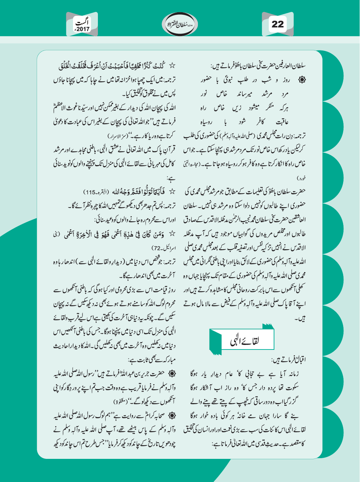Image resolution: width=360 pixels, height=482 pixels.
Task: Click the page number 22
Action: [x=277, y=24]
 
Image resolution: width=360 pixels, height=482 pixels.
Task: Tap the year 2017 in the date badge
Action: [x=83, y=29]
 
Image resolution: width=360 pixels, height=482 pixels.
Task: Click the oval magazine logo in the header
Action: [x=180, y=24]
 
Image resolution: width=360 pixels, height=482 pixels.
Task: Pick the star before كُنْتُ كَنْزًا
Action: [x=172, y=66]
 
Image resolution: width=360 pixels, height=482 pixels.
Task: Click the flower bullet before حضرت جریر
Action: [x=172, y=374]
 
